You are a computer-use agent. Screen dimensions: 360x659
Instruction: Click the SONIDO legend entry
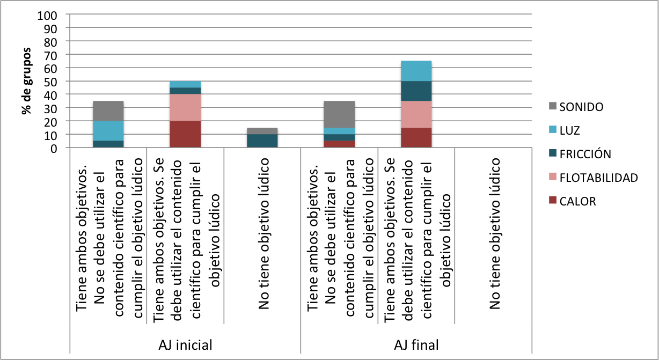(581, 107)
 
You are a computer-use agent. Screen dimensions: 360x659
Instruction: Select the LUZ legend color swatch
(550, 130)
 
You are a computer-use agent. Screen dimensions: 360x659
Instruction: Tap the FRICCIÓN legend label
(585, 154)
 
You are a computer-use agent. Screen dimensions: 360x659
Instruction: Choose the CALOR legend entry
(577, 201)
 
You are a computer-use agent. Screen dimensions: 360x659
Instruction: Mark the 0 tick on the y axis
(54, 148)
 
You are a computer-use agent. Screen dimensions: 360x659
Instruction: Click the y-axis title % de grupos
(25, 82)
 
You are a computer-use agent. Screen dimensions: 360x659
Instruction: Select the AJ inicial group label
(185, 344)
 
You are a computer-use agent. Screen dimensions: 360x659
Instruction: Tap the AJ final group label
(416, 344)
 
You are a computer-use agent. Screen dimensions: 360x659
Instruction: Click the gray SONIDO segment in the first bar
(108, 111)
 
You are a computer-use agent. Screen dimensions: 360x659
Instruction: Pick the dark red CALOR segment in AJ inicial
(185, 134)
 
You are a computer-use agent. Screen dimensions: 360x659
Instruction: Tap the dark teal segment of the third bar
(262, 141)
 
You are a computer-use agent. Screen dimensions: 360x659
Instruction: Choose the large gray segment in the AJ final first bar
(339, 114)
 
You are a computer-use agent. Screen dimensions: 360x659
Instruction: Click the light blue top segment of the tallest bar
(416, 71)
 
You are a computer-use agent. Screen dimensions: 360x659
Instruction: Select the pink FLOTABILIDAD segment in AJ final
(416, 114)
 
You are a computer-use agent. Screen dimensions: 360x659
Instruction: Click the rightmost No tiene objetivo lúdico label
(494, 233)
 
